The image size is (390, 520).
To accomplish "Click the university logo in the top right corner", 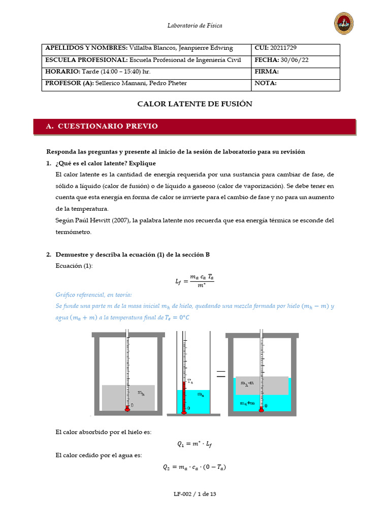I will point(344,23).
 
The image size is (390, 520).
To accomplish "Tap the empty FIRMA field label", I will point(267,72).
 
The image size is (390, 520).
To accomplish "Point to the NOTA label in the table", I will point(266,83).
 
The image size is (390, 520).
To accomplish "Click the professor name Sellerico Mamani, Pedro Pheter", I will point(144,83).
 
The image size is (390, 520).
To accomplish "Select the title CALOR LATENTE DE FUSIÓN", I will point(195,104).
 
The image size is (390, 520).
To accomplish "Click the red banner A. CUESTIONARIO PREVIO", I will point(194,126).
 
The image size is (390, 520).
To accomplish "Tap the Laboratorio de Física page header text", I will point(195,25).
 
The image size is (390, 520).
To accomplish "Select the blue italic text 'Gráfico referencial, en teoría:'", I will point(93,295).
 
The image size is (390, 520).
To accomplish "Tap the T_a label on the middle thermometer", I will point(190,381).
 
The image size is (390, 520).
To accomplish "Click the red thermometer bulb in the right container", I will point(261,409).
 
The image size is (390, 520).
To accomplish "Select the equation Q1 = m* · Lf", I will point(195,443).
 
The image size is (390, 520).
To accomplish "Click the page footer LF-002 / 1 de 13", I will point(195,494).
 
